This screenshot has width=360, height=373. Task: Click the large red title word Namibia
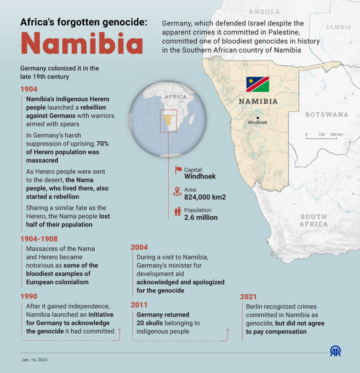(x=82, y=43)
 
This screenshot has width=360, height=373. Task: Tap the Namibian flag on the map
(x=258, y=84)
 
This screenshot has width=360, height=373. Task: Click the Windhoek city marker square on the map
(x=258, y=118)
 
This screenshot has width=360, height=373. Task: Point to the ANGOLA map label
(x=264, y=12)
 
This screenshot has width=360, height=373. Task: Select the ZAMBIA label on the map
(x=338, y=27)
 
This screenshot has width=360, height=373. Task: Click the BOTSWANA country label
(x=327, y=115)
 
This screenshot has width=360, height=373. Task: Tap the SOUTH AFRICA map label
(x=313, y=220)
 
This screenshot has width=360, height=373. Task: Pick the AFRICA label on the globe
(x=175, y=97)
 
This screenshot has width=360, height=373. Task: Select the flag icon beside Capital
(x=178, y=170)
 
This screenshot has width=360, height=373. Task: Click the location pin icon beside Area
(x=178, y=191)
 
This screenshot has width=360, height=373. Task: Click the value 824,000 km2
(x=205, y=197)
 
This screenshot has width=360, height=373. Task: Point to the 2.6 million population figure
(x=201, y=217)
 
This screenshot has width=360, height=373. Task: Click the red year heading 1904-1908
(x=39, y=239)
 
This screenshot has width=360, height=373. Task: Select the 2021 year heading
(x=248, y=297)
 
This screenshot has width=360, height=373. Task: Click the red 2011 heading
(x=139, y=305)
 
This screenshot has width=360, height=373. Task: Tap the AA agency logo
(x=335, y=351)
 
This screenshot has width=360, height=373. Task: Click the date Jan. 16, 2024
(x=34, y=360)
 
